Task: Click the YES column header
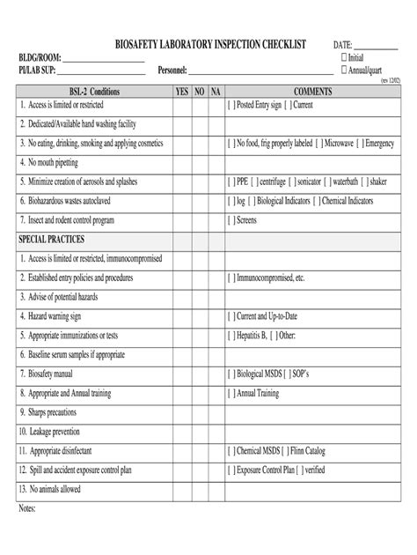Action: tap(182, 92)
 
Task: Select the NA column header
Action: tap(215, 92)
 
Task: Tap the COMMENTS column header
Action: tap(311, 92)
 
